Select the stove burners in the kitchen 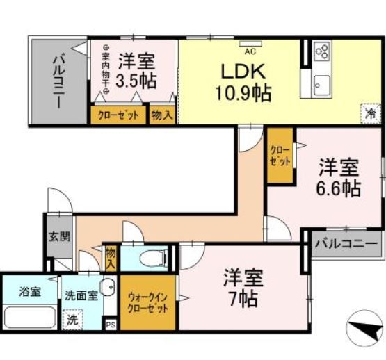[321, 52]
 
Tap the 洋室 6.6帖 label [339, 177]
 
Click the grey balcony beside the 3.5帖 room [59, 81]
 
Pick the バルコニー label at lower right [346, 244]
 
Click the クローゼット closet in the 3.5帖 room [118, 115]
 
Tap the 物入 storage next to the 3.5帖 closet [162, 115]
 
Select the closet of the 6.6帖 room [280, 156]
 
